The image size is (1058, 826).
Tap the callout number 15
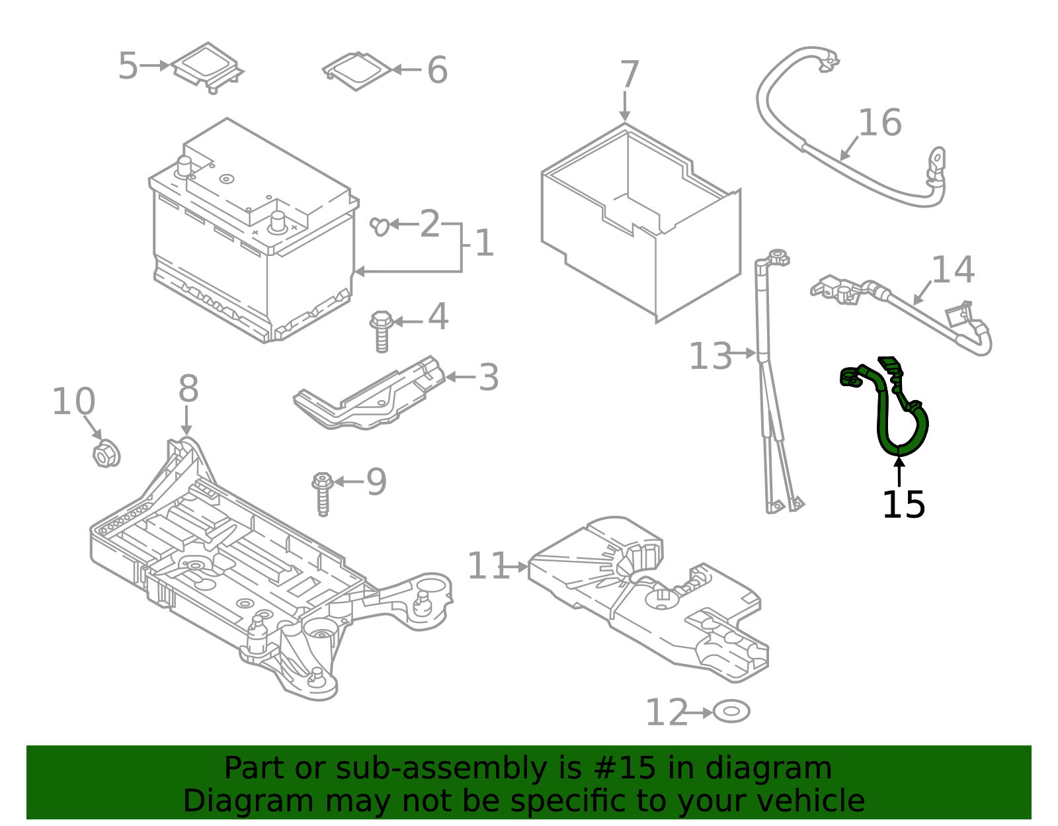[903, 505]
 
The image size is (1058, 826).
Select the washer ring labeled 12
[731, 712]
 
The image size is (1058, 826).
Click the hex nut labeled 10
[104, 454]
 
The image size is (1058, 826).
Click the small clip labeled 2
[380, 226]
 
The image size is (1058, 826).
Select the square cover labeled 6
[357, 70]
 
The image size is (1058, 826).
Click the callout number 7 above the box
[629, 75]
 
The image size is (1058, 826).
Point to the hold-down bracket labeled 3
[370, 395]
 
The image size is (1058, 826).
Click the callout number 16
[879, 123]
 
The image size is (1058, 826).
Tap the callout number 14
[953, 270]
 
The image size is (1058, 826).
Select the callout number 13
[710, 356]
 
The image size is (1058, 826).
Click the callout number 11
[488, 567]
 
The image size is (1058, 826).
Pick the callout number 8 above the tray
[188, 389]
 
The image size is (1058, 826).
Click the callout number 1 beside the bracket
[484, 244]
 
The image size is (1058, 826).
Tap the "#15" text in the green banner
[625, 768]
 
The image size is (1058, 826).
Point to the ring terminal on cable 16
[937, 159]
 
